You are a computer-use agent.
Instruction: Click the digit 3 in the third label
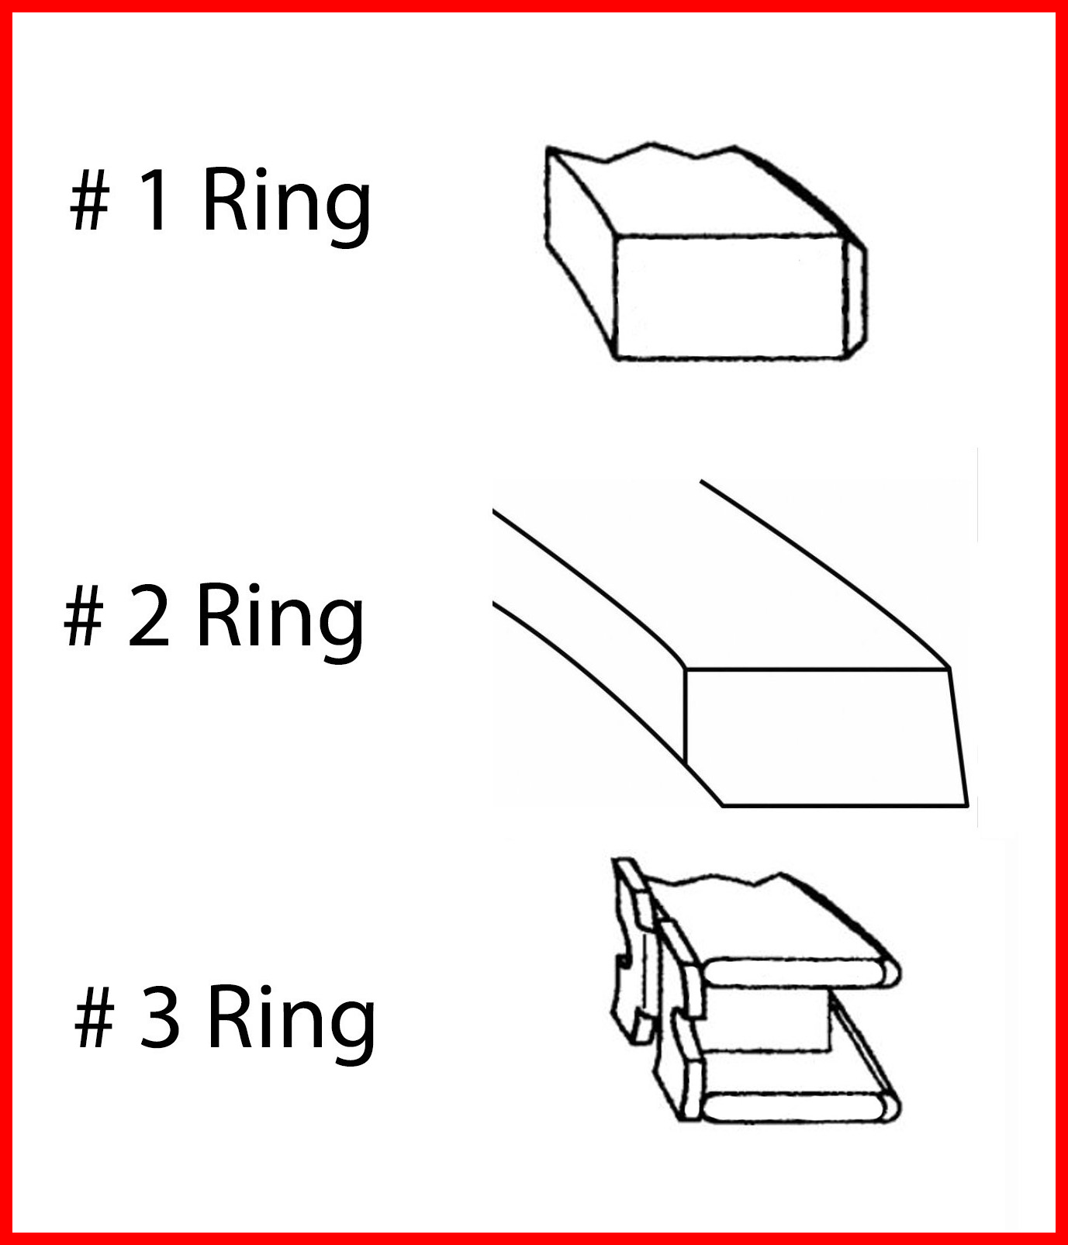pos(160,1017)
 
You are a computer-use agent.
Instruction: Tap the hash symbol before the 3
pos(95,1017)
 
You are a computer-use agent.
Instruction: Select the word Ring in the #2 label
pos(280,621)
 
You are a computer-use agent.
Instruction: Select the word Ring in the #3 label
pos(292,1022)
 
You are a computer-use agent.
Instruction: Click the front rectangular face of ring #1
pos(729,297)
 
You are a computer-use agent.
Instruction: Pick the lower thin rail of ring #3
pos(799,1106)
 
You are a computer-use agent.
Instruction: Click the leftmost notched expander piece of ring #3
pos(632,950)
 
